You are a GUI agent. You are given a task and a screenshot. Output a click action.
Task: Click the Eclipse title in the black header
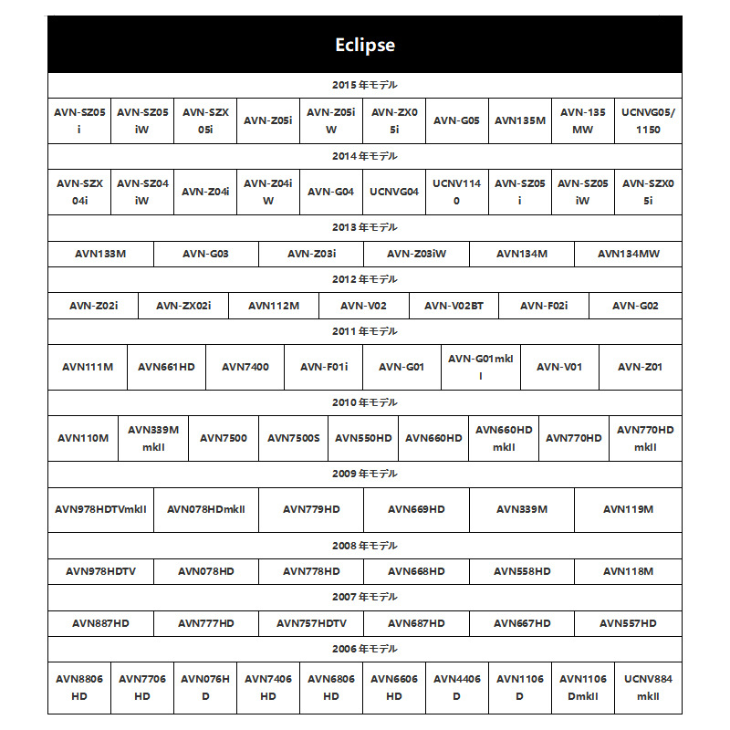[x=364, y=45]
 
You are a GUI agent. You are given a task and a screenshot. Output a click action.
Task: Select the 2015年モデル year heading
[x=364, y=85]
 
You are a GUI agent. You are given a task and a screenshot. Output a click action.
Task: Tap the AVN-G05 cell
[x=456, y=120]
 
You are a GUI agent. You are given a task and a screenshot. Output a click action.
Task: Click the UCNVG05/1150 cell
[x=649, y=120]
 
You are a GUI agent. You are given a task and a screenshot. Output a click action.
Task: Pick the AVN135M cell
[x=520, y=120]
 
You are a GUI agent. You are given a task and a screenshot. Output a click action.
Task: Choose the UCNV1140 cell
[x=456, y=192]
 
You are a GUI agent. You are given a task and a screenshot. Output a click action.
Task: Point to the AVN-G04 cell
[x=330, y=192]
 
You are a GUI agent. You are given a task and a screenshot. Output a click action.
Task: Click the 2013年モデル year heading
[x=364, y=227]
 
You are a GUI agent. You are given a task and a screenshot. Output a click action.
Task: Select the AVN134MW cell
[x=629, y=254]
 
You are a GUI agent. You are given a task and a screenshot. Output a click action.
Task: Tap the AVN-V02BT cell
[x=454, y=306]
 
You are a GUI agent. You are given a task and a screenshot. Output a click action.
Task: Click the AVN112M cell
[x=274, y=306]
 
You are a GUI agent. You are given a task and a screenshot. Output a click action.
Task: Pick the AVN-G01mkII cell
[x=481, y=367]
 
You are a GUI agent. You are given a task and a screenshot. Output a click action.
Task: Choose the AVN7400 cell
[x=245, y=367]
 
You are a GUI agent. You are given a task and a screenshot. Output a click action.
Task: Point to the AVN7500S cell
[x=294, y=438]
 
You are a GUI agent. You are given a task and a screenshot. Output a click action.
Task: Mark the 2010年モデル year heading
[x=364, y=402]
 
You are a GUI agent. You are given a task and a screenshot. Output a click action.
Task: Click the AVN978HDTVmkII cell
[x=100, y=509]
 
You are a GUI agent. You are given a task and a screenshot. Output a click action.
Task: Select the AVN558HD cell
[x=522, y=571]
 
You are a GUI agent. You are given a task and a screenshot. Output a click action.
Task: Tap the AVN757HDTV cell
[x=311, y=623]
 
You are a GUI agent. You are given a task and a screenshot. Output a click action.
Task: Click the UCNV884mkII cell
[x=649, y=687]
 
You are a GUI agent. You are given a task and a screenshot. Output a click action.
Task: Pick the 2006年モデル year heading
[x=364, y=649]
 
